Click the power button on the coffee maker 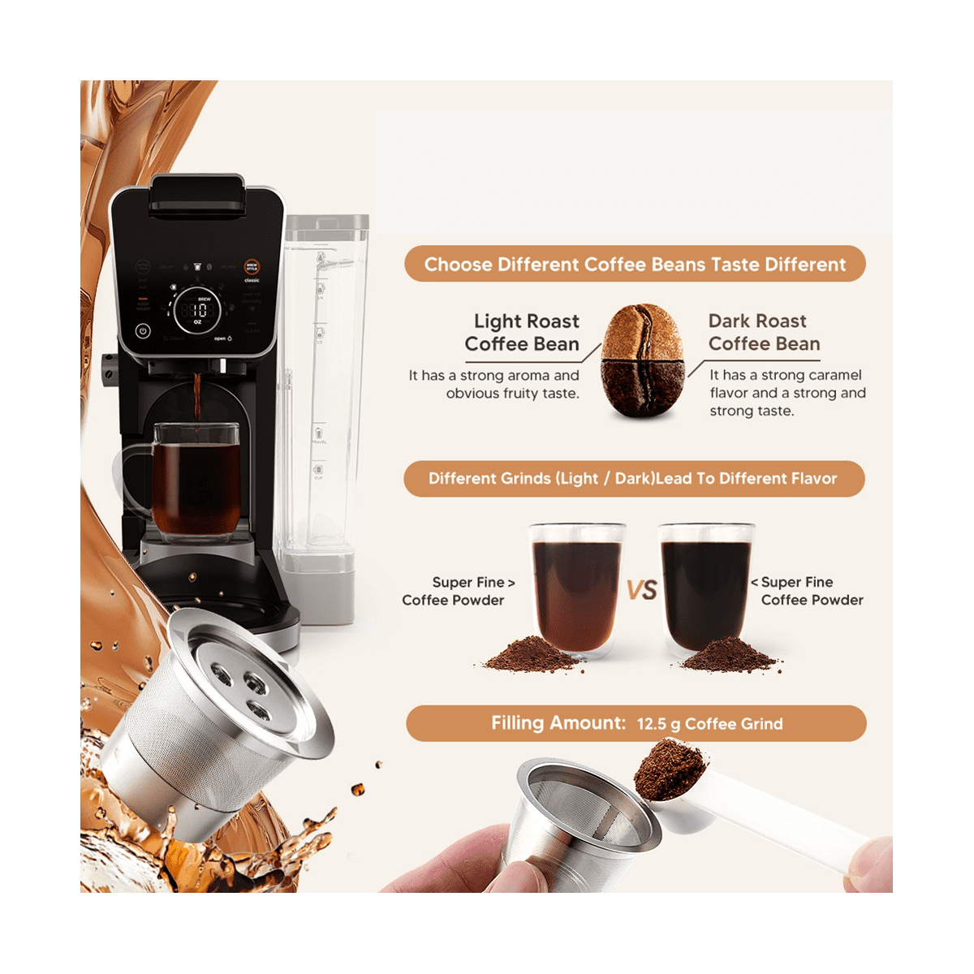point(143,330)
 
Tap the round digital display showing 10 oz point(197,309)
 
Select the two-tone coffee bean point(641,361)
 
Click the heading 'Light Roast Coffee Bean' point(523,333)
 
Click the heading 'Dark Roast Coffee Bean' point(763,333)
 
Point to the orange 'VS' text point(641,590)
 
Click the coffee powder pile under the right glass point(728,653)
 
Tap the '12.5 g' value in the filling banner point(657,724)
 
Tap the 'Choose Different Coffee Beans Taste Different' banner point(635,265)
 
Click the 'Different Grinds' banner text point(633,479)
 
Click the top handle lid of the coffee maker point(196,195)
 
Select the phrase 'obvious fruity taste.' point(512,394)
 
